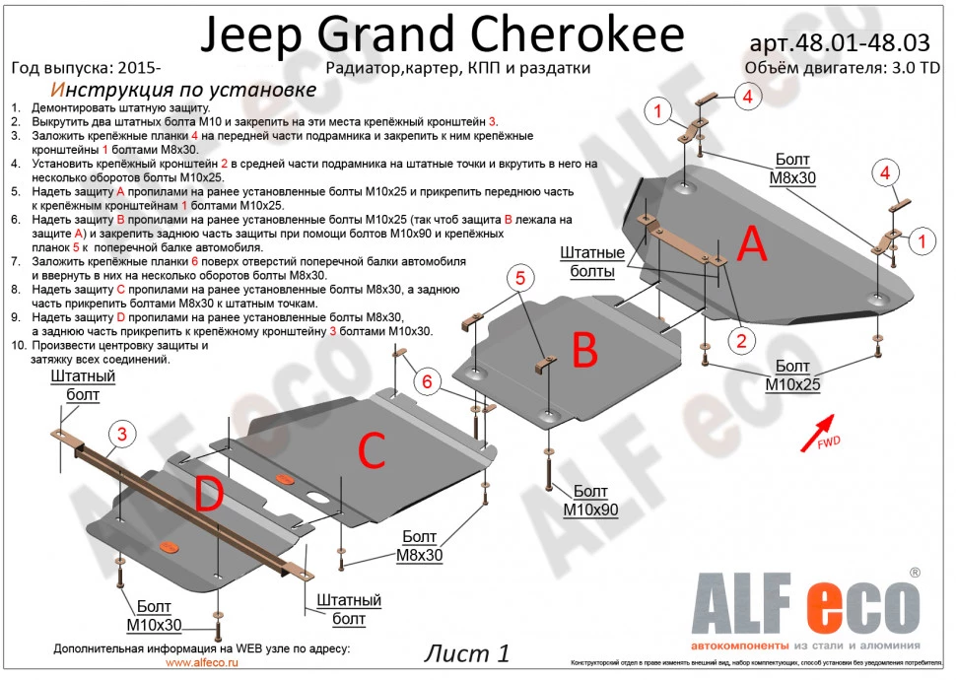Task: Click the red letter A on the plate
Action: pyautogui.click(x=752, y=243)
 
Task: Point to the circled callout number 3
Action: pyautogui.click(x=122, y=433)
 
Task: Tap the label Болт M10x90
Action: pyautogui.click(x=590, y=501)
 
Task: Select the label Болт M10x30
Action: pyautogui.click(x=154, y=616)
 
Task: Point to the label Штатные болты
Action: pyautogui.click(x=593, y=262)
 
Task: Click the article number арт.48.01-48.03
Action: pyautogui.click(x=840, y=44)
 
